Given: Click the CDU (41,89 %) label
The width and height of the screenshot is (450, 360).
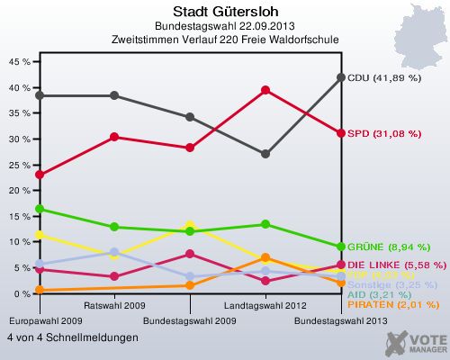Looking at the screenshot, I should (x=384, y=78).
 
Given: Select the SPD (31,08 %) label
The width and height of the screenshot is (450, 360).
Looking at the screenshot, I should (x=384, y=133).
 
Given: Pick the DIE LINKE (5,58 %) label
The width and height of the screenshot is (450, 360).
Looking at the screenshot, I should (x=394, y=265).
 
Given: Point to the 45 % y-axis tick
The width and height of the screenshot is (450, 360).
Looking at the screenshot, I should (x=18, y=62).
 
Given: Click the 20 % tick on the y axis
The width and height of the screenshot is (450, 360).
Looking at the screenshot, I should (x=18, y=191).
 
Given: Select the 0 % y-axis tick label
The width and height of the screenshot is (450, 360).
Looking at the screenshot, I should (x=21, y=294).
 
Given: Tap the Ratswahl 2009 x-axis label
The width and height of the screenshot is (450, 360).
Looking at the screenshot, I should (x=113, y=306).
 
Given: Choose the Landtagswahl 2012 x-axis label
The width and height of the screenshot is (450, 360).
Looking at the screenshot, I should (x=265, y=306).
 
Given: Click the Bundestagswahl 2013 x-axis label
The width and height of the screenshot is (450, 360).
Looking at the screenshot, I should (x=341, y=320).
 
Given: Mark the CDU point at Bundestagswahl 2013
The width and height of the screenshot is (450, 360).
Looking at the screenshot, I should (x=341, y=77).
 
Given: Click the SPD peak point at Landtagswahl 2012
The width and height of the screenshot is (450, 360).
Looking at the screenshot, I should (x=265, y=90).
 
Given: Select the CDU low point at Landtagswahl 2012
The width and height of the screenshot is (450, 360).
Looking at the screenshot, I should (x=265, y=154).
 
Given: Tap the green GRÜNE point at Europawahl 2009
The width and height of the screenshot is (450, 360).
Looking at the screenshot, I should (x=38, y=209).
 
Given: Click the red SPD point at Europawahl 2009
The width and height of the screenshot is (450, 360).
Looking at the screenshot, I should (x=38, y=175).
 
